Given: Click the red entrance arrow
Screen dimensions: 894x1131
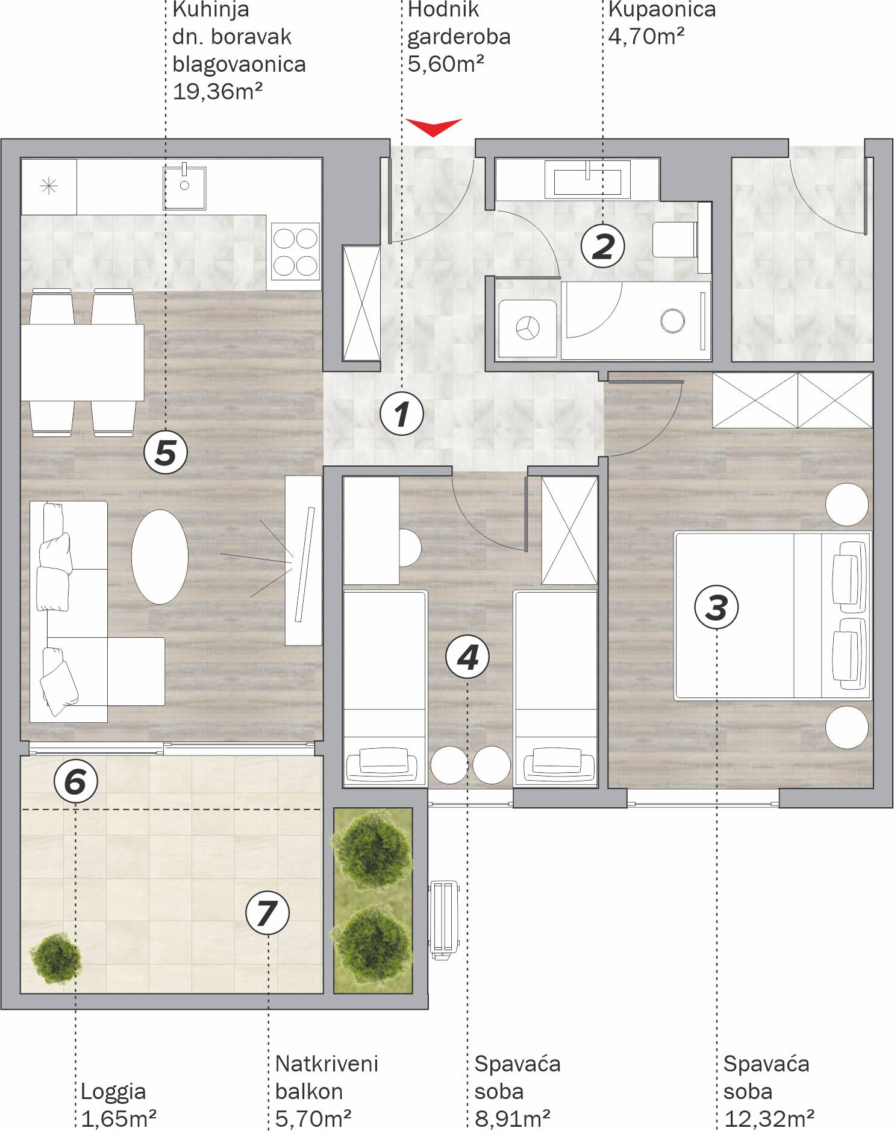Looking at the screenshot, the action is pos(434,126).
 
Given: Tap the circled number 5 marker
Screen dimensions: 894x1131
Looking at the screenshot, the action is pos(166,452).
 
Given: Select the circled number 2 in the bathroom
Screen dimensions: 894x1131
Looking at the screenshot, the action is pos(603,246).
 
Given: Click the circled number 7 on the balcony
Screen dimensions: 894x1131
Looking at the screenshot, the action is pos(268,913).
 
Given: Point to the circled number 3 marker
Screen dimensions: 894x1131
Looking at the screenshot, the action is pos(717,607).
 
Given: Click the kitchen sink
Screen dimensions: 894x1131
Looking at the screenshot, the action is pos(185,187).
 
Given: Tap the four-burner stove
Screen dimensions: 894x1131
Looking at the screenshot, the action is pos(295,252).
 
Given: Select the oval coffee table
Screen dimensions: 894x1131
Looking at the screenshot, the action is pos(160,557).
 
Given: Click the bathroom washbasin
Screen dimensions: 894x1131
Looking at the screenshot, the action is pos(588,179).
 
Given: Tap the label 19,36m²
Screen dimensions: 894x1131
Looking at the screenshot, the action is pos(217,92).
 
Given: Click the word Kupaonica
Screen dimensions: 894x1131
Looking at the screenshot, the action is pos(662,10).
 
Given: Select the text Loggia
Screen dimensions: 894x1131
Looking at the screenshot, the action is pos(113,1091).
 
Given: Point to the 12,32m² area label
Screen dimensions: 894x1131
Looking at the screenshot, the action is pos(769,1119).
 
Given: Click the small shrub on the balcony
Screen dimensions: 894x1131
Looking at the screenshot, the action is pos(55,959).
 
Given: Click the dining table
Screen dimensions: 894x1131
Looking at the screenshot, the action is pos(83,362).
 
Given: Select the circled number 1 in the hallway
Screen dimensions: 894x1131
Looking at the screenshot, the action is pos(402,414).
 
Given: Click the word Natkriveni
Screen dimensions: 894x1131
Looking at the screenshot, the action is pos(327,1063).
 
